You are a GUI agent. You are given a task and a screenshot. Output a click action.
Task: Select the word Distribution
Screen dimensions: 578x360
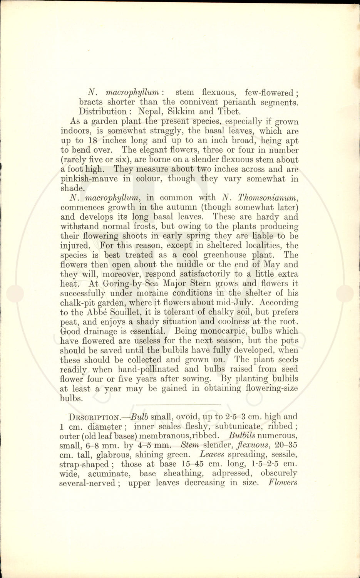point(102,112)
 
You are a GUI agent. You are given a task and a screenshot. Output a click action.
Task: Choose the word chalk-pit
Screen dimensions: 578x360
point(78,302)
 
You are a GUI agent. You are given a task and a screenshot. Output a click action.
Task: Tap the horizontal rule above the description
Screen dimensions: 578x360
point(179,404)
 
